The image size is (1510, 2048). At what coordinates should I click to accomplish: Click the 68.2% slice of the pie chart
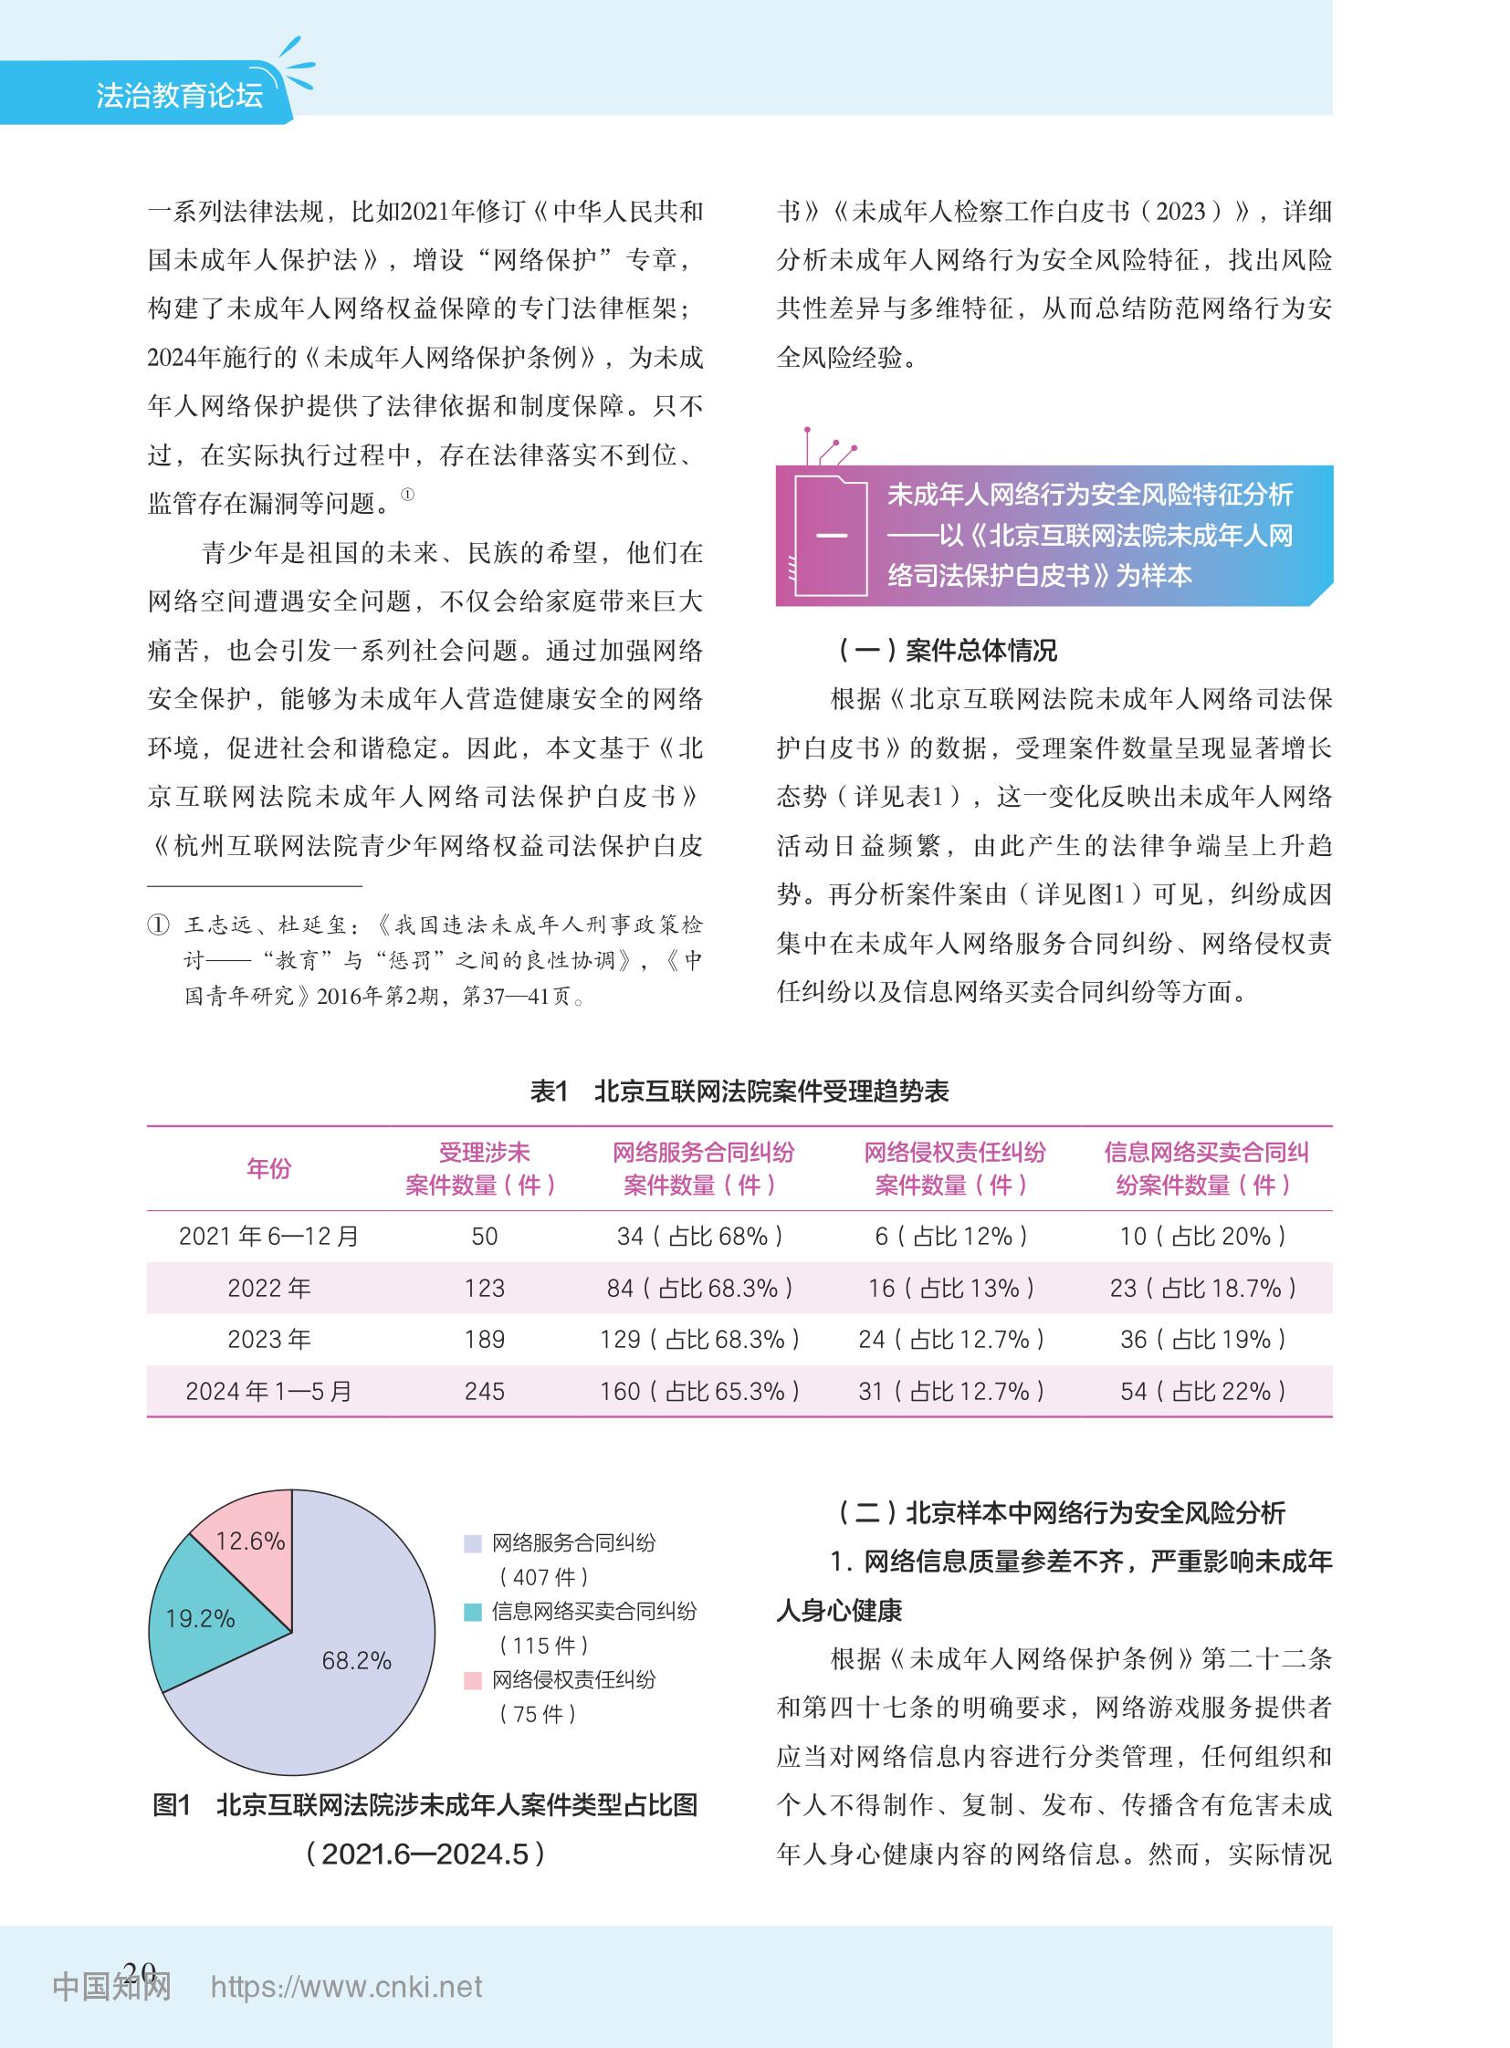[x=356, y=1672]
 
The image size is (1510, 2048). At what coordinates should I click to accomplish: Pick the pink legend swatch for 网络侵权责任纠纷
[x=473, y=1680]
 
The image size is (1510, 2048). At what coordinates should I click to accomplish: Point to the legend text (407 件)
[x=544, y=1577]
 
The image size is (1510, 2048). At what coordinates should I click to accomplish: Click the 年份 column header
[x=268, y=1169]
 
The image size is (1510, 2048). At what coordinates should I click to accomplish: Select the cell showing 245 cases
[x=485, y=1392]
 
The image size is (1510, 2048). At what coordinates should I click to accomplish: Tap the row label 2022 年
[x=268, y=1289]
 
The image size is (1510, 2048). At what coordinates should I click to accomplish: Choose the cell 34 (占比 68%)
[x=700, y=1237]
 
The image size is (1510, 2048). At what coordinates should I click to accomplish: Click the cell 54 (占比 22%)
[x=1204, y=1392]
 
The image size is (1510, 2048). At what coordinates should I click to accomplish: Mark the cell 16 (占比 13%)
[x=951, y=1289]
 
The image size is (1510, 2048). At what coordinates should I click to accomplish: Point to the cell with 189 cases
[x=485, y=1340]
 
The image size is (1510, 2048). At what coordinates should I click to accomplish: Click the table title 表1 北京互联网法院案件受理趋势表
[x=739, y=1092]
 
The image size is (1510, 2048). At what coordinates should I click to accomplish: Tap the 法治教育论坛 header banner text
[x=179, y=95]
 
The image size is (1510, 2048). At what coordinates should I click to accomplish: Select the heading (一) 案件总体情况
[x=947, y=651]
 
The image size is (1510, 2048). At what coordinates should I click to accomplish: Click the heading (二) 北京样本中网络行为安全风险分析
[x=1061, y=1513]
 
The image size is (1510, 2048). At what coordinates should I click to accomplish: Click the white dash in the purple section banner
[x=830, y=536]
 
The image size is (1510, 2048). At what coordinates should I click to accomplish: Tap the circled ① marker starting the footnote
[x=158, y=925]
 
